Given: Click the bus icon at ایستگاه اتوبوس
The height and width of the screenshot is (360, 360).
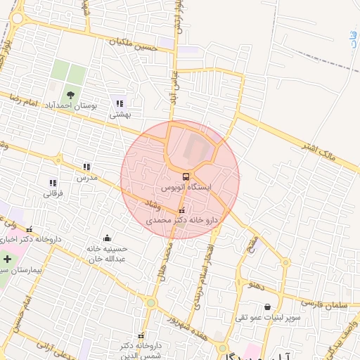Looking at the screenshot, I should click(x=186, y=176).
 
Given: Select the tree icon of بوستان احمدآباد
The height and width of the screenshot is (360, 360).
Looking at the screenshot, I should click(x=70, y=95).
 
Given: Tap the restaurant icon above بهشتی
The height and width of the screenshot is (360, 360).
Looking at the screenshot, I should click(x=119, y=104).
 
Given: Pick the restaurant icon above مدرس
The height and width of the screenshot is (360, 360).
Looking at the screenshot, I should click(x=86, y=167).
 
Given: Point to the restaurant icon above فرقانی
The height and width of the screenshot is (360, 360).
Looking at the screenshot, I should click(x=53, y=182).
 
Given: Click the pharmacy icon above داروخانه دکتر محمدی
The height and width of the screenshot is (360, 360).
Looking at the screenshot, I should click(x=182, y=210).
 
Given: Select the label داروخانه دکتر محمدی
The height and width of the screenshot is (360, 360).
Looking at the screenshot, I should click(x=182, y=221).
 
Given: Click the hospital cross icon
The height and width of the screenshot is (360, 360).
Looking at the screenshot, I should click(x=7, y=259).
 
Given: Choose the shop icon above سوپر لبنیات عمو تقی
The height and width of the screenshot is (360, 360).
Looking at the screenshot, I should click(x=267, y=307).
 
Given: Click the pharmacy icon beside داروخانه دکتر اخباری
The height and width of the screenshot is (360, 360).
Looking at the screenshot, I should click(x=29, y=229).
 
